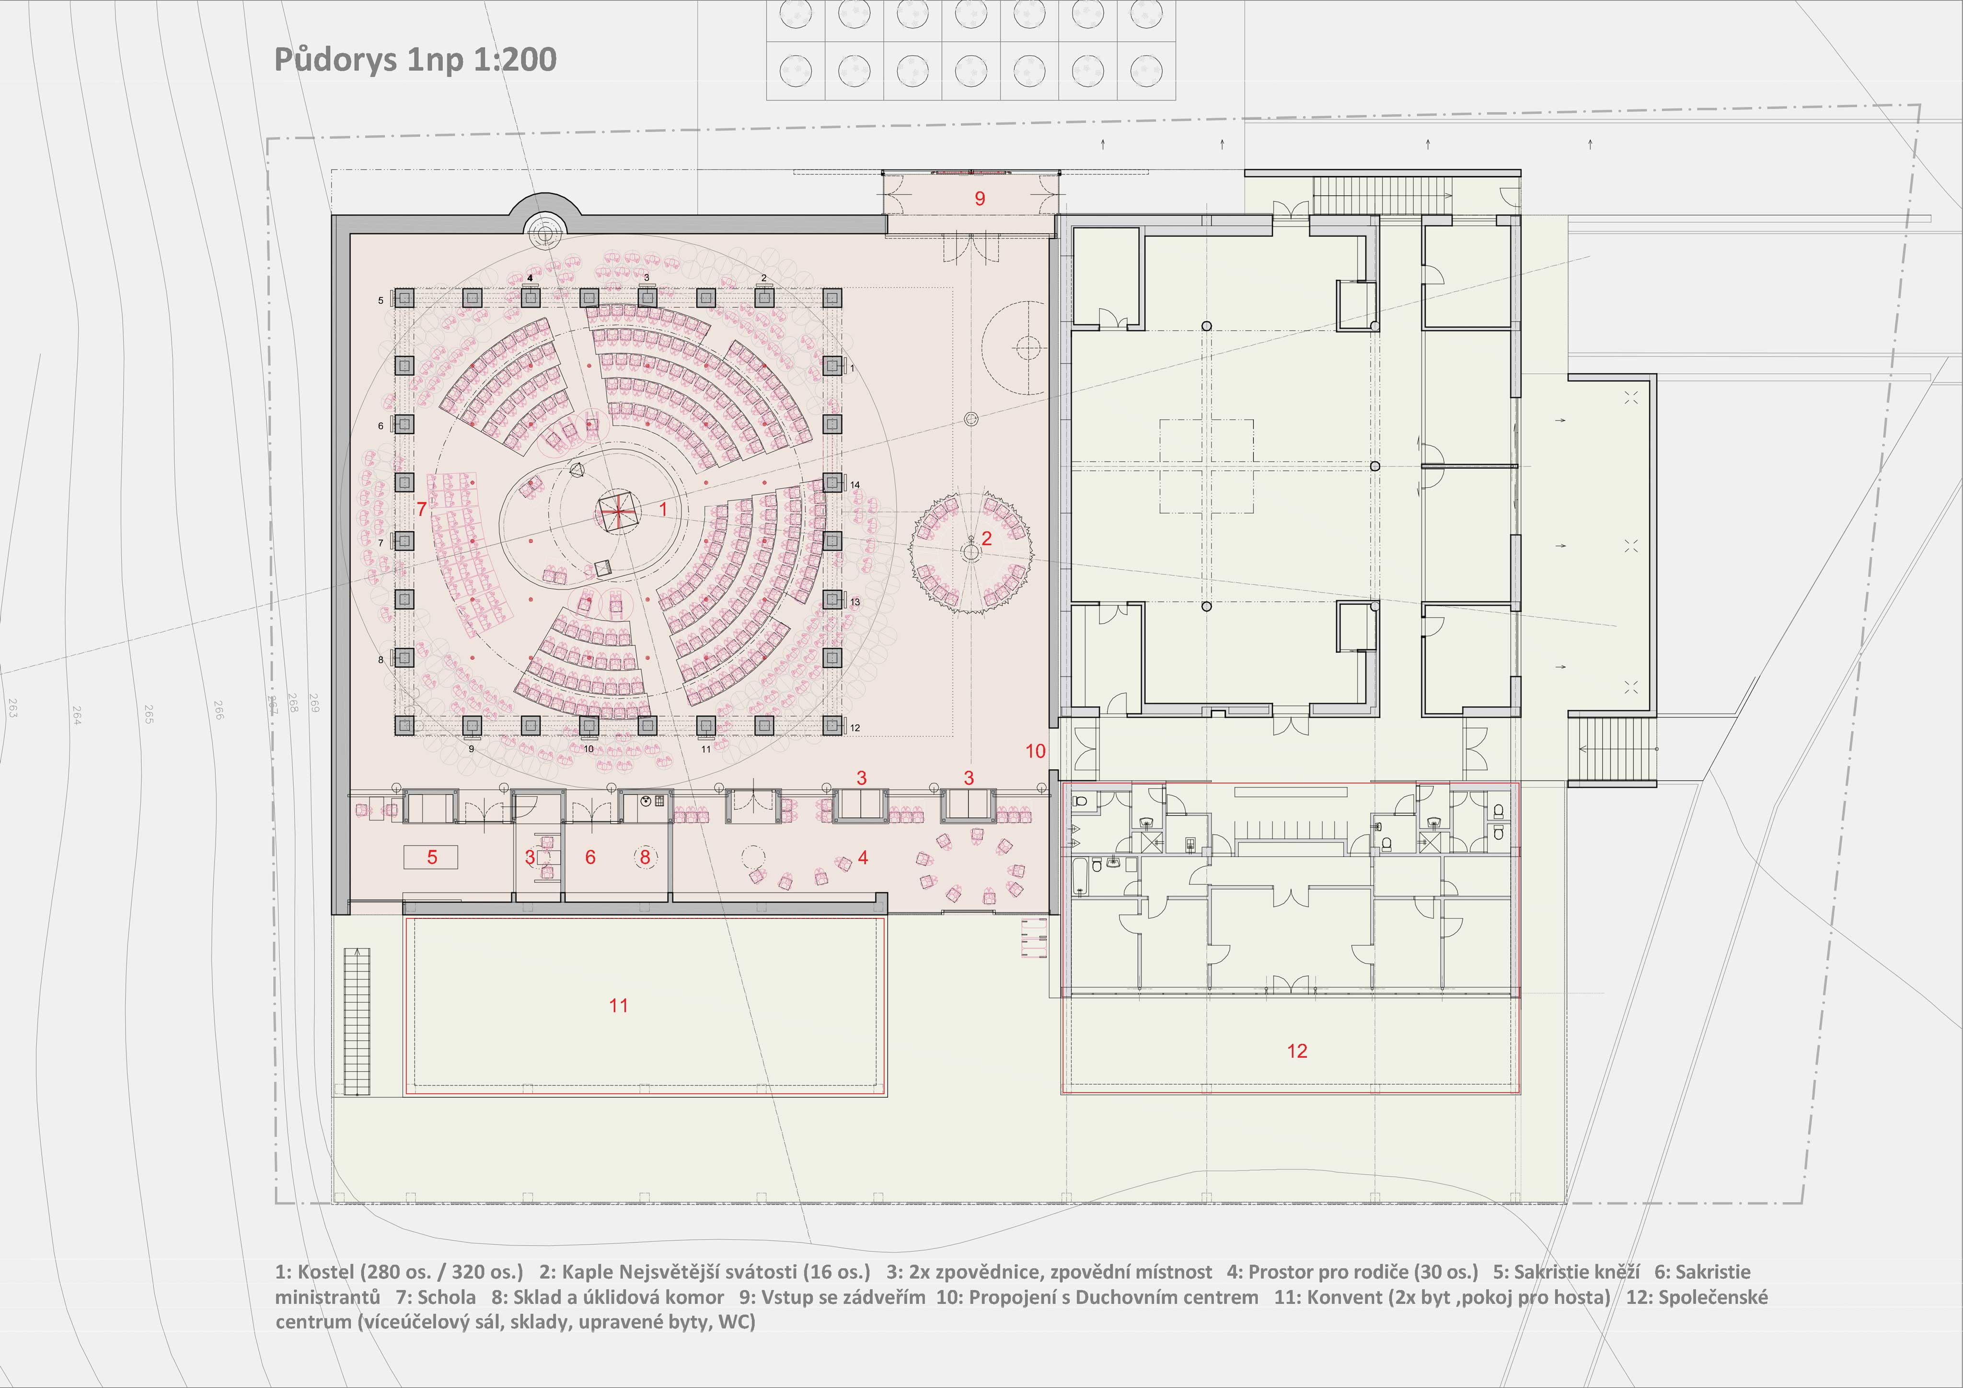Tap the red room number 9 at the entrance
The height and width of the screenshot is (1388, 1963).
[x=980, y=198]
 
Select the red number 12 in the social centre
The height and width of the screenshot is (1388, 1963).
[x=1297, y=1051]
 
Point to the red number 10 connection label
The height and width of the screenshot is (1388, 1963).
[x=1035, y=751]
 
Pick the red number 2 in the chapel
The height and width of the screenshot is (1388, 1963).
[x=987, y=539]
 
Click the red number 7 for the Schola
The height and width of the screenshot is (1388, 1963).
[x=421, y=509]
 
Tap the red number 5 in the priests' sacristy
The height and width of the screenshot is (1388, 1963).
[x=433, y=857]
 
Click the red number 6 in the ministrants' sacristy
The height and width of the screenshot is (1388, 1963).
[x=590, y=857]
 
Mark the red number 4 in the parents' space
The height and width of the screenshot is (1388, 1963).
[x=863, y=857]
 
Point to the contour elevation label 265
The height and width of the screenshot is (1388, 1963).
[x=149, y=714]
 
